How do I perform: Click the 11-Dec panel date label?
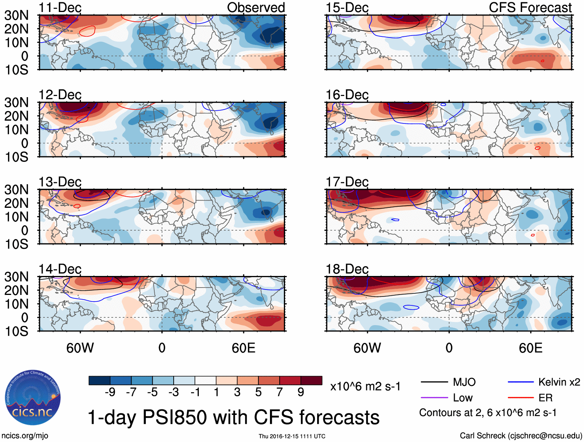click(60, 8)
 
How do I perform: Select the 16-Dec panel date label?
click(347, 95)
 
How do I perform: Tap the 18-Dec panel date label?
click(347, 269)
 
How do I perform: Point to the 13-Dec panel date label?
click(60, 182)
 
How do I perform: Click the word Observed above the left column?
click(256, 8)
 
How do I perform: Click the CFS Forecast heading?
click(530, 8)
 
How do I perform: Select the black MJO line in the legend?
click(434, 382)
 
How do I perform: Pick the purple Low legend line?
click(434, 397)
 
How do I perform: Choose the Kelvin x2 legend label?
click(559, 382)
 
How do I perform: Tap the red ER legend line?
click(521, 397)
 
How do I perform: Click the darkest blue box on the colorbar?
click(99, 380)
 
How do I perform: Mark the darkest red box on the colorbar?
click(311, 380)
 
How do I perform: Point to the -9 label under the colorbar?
click(110, 392)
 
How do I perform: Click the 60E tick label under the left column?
click(243, 348)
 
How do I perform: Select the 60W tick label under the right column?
click(367, 348)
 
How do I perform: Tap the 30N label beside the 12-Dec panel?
click(16, 103)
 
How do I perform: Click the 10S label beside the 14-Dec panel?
click(16, 331)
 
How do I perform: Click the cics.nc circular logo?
click(33, 398)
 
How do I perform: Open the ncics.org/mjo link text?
click(25, 436)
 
